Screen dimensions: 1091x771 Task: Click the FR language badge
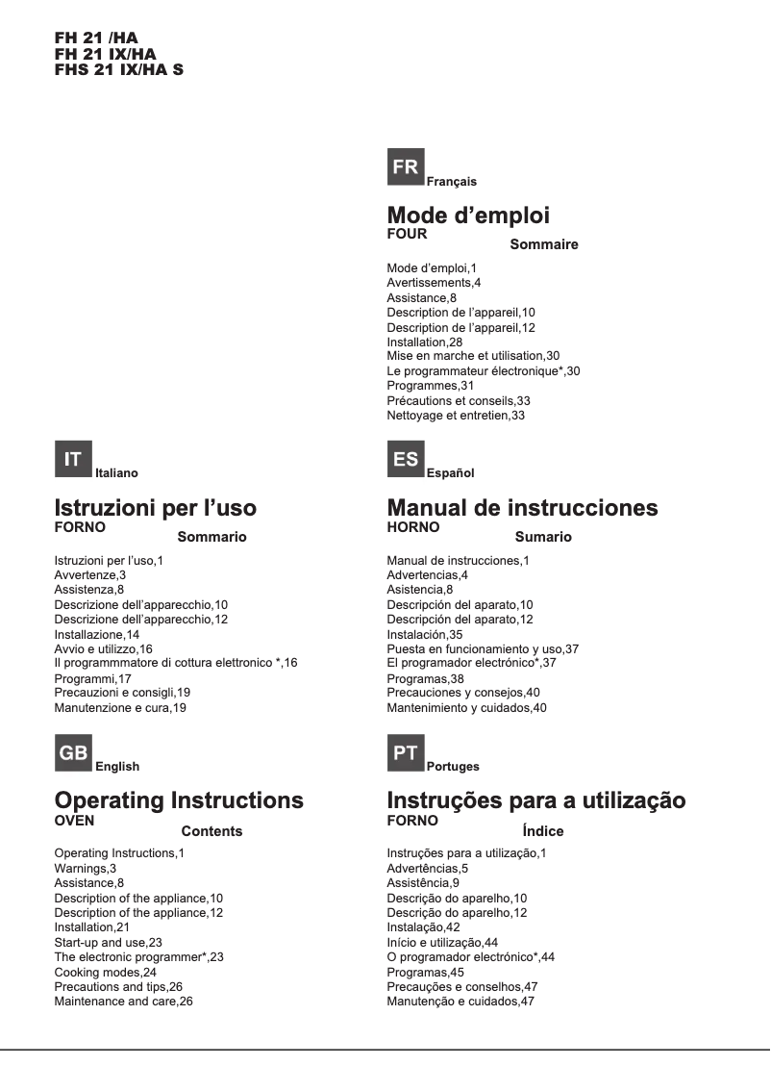pyautogui.click(x=405, y=167)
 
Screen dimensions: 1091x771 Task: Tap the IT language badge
pyautogui.click(x=72, y=459)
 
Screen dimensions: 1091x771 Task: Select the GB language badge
pyautogui.click(x=73, y=752)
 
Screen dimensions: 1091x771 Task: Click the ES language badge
pyautogui.click(x=405, y=459)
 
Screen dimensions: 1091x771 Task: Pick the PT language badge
pyautogui.click(x=405, y=752)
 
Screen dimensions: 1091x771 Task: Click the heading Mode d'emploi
pyautogui.click(x=467, y=215)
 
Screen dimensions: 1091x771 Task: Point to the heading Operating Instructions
pyautogui.click(x=179, y=800)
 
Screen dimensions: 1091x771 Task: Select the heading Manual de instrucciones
pyautogui.click(x=522, y=507)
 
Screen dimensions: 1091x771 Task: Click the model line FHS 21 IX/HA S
pyautogui.click(x=118, y=69)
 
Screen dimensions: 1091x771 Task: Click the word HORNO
pyautogui.click(x=412, y=527)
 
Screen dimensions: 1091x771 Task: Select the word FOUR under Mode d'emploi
pyautogui.click(x=406, y=234)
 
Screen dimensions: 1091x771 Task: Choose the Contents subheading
pyautogui.click(x=211, y=831)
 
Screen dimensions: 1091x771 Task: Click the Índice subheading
pyautogui.click(x=543, y=831)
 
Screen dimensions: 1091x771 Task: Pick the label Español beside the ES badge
pyautogui.click(x=450, y=472)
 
